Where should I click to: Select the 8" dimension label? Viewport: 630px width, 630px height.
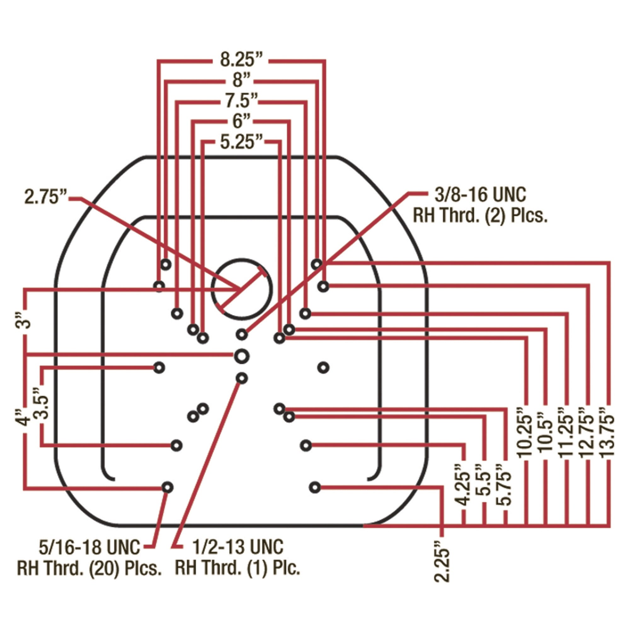241,80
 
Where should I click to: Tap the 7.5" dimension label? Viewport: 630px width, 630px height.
241,101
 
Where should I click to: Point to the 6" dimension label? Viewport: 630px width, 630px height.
241,121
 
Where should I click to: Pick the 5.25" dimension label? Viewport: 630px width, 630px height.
241,142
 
